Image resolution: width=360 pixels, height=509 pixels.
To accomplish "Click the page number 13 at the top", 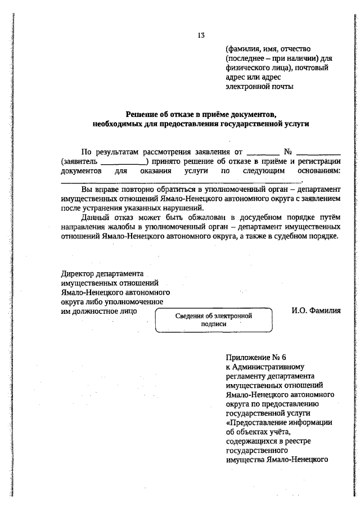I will coord(201,35).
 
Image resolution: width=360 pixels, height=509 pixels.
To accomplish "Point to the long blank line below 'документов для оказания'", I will coord(181,182).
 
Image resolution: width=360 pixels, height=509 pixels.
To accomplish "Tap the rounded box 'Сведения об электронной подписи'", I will coord(212,319).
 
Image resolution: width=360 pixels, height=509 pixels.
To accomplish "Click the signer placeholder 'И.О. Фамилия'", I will coord(316,310).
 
